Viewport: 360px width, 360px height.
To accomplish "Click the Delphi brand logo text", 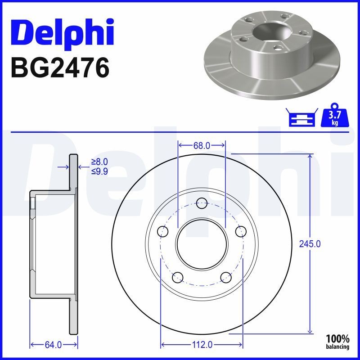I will (62, 32).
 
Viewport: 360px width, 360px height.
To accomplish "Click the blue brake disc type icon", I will (301, 117).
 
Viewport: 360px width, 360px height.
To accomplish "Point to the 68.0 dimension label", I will (202, 145).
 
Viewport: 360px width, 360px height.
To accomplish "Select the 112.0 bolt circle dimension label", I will (202, 345).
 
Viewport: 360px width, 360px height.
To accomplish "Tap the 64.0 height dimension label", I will (53, 345).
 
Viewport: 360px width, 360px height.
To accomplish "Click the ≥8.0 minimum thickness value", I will (99, 162).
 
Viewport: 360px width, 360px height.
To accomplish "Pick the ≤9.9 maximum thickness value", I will (99, 171).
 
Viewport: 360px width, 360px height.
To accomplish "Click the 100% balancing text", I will (337, 342).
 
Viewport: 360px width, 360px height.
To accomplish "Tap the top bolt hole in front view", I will (202, 203).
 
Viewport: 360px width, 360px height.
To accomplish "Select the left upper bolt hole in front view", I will (163, 231).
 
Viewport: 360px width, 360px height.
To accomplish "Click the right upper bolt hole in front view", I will (241, 231).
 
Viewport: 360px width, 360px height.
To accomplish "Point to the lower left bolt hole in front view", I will (178, 277).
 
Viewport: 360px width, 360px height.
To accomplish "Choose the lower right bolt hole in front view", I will (226, 277).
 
